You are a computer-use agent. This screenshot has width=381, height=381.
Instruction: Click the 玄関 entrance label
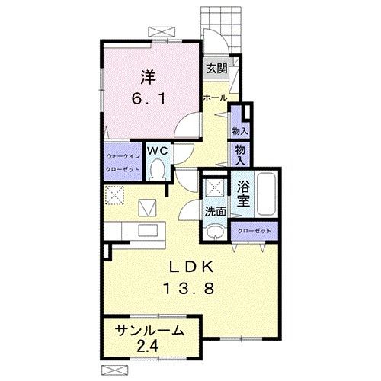(216, 69)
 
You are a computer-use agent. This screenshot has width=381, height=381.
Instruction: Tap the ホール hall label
(215, 98)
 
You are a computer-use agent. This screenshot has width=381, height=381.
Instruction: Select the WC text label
(158, 151)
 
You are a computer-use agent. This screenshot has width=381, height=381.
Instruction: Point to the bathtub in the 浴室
(266, 194)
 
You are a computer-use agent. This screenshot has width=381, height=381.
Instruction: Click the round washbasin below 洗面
(216, 232)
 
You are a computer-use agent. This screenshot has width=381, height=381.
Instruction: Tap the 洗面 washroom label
(216, 211)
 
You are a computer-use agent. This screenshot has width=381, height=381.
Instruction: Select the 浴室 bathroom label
(243, 194)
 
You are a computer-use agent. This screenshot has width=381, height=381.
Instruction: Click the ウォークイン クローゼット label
(123, 163)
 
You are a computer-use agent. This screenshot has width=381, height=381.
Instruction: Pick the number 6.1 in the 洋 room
(149, 98)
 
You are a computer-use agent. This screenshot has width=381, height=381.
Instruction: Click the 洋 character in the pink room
(149, 78)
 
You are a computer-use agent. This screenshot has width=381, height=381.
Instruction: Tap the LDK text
(191, 267)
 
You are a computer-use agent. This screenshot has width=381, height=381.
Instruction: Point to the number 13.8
(189, 288)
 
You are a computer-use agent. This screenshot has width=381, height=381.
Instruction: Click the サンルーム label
(149, 331)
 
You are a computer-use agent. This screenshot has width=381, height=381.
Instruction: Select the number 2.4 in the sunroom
(148, 346)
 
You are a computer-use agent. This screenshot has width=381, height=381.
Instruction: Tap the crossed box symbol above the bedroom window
(162, 32)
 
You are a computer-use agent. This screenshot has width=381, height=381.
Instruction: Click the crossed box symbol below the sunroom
(114, 370)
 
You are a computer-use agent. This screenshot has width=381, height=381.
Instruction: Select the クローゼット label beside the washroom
(255, 231)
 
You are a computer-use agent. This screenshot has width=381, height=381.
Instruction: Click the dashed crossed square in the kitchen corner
(114, 195)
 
